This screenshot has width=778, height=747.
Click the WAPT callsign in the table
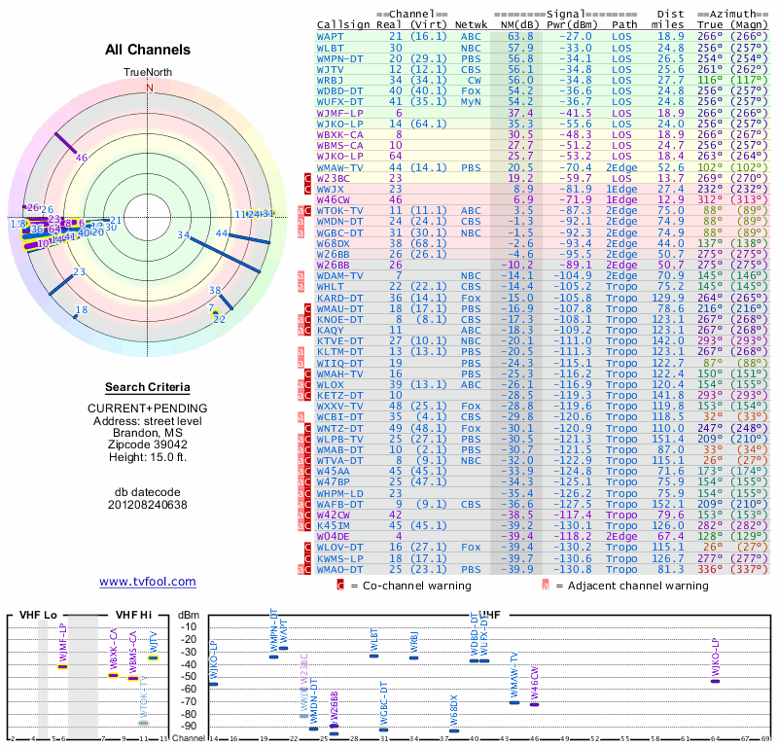330,36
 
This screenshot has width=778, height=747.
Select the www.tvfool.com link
148,582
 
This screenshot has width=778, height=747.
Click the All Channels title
148,50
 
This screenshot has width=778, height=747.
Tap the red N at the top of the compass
150,88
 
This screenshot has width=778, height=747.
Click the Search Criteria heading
148,387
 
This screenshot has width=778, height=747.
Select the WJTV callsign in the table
331,69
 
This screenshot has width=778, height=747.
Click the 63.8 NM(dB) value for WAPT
520,36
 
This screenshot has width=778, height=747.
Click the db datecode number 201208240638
148,505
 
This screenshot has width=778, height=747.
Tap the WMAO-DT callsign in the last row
339,569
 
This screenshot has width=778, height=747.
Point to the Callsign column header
343,24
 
